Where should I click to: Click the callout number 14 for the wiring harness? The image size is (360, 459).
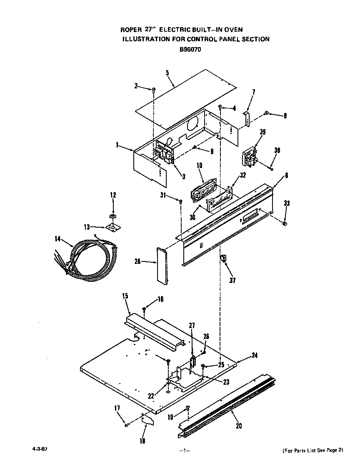(x=57, y=239)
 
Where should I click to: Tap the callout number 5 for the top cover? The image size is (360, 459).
(x=167, y=73)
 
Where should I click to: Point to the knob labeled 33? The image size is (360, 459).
(x=285, y=224)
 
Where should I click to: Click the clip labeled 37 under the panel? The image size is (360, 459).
(x=224, y=259)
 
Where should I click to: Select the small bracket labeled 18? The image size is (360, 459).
(x=147, y=419)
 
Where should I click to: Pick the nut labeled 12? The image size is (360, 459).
(x=112, y=216)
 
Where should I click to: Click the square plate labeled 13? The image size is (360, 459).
(x=111, y=227)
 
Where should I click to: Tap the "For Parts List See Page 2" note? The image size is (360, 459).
(x=312, y=450)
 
